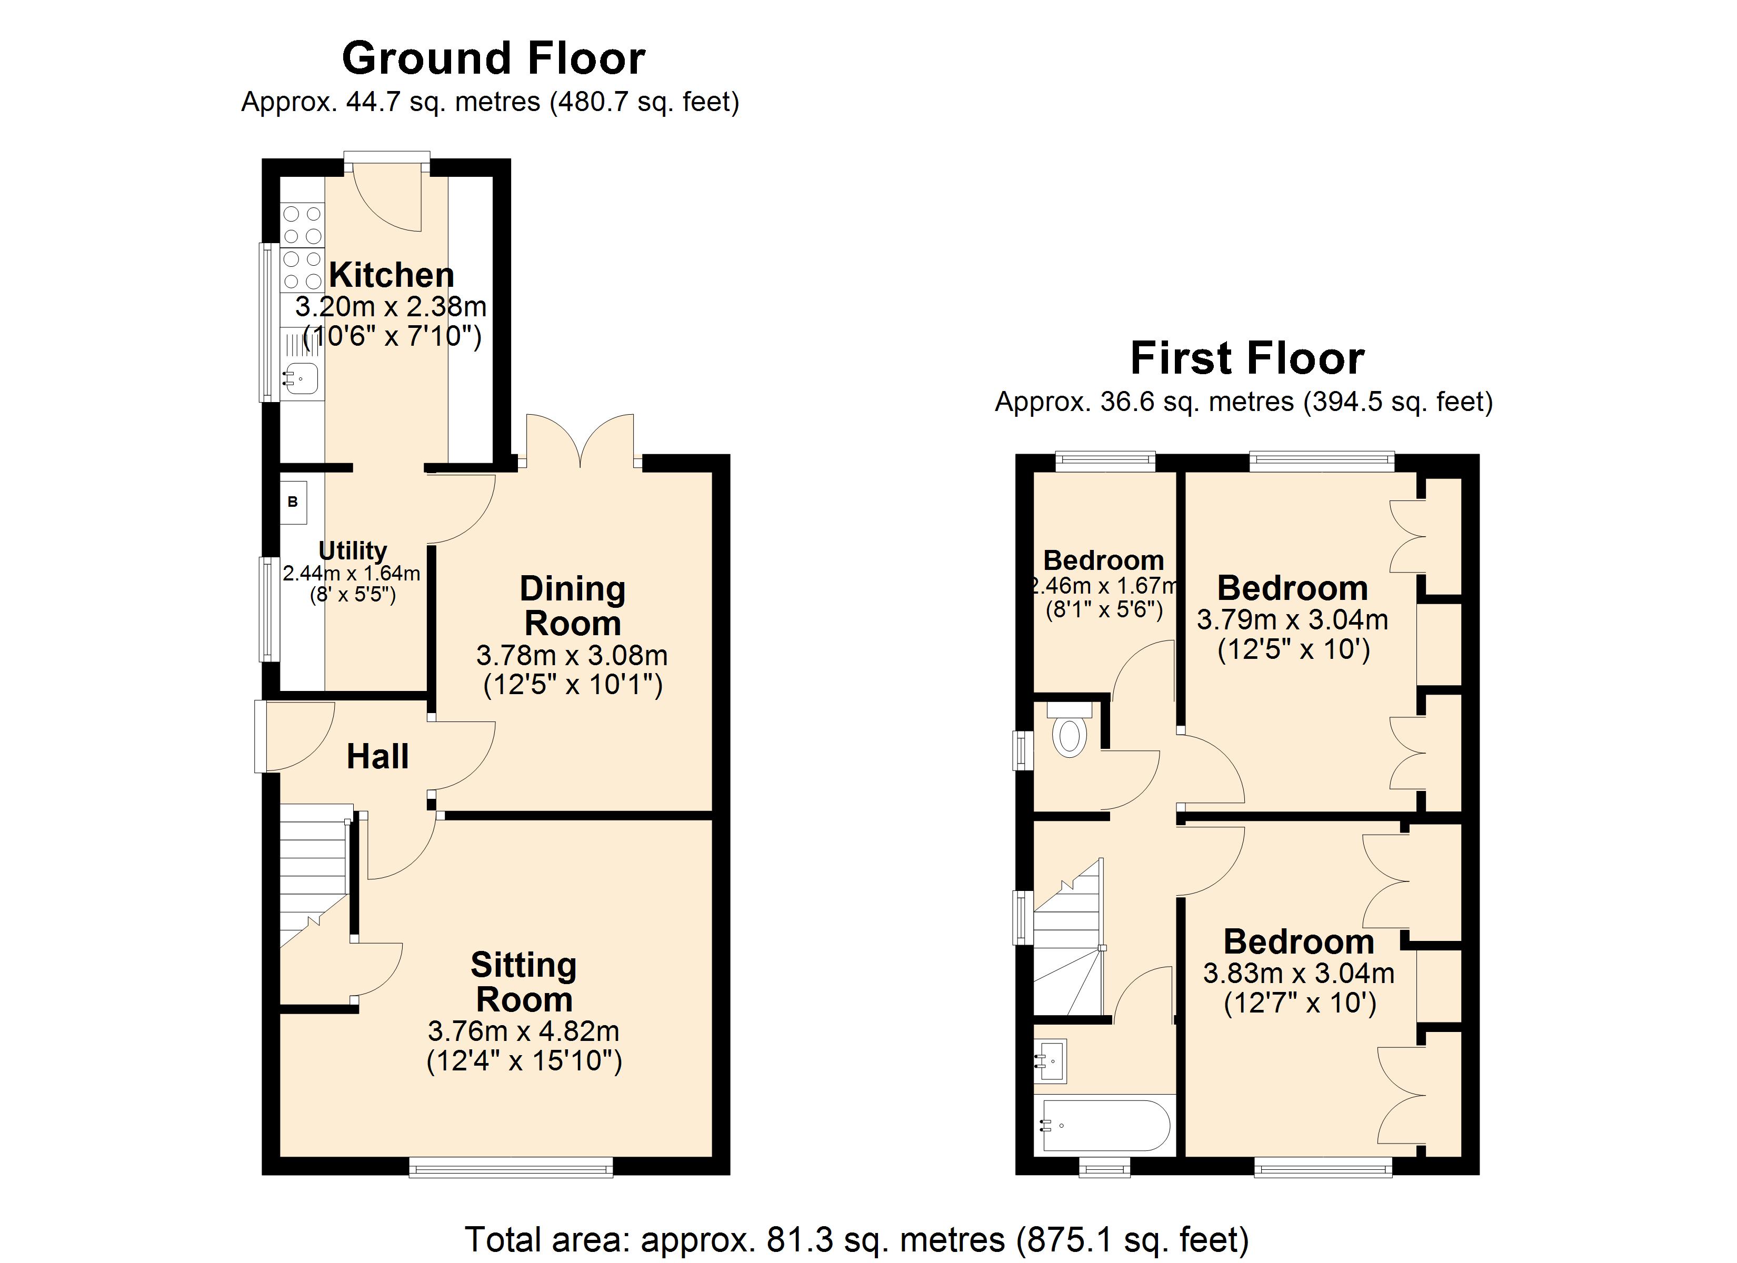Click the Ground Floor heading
click(x=493, y=58)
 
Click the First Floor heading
click(x=1247, y=358)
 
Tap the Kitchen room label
click(x=392, y=274)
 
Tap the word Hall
click(x=377, y=757)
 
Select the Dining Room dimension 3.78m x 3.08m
click(x=572, y=656)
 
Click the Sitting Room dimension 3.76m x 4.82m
click(x=524, y=1031)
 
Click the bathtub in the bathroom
click(x=1104, y=1125)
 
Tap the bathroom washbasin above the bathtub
click(x=1051, y=1061)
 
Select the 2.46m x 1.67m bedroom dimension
click(x=1104, y=586)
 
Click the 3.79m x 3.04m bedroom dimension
click(x=1293, y=619)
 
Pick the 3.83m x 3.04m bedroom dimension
click(x=1299, y=974)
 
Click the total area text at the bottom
click(x=857, y=1238)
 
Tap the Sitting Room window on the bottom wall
click(x=511, y=1167)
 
